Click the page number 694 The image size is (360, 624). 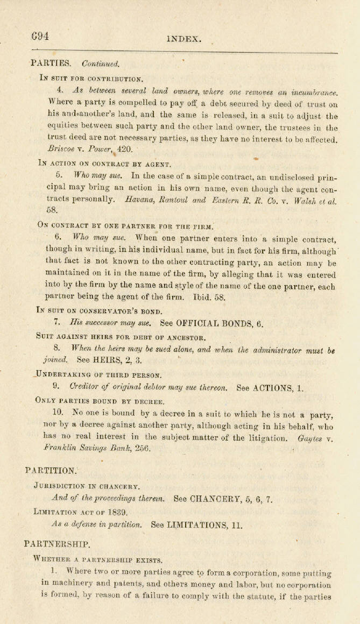click(x=40, y=36)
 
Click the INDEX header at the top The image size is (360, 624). click(x=184, y=39)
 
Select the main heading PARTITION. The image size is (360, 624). click(x=51, y=471)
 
